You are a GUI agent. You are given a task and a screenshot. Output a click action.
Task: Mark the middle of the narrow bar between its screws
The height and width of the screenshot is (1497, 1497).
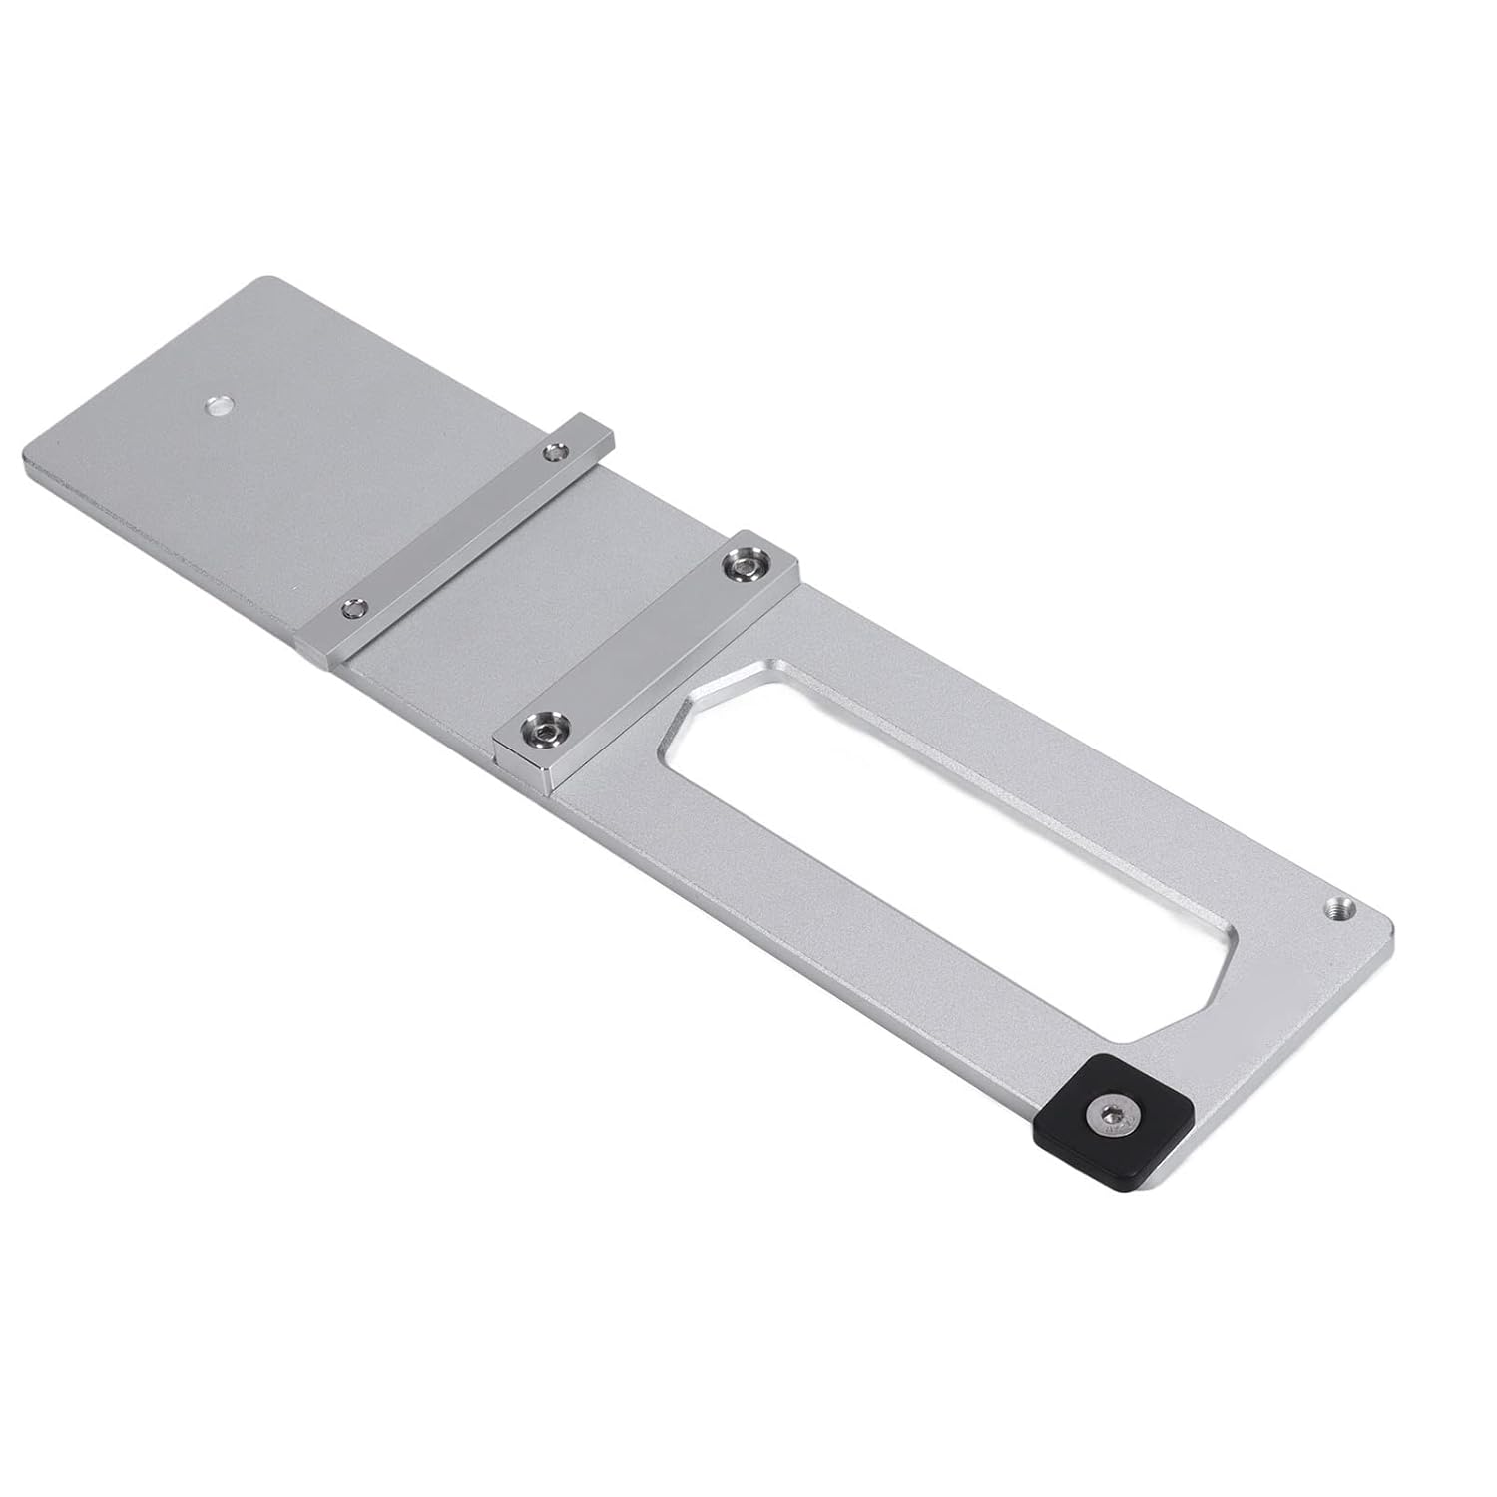click(454, 529)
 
